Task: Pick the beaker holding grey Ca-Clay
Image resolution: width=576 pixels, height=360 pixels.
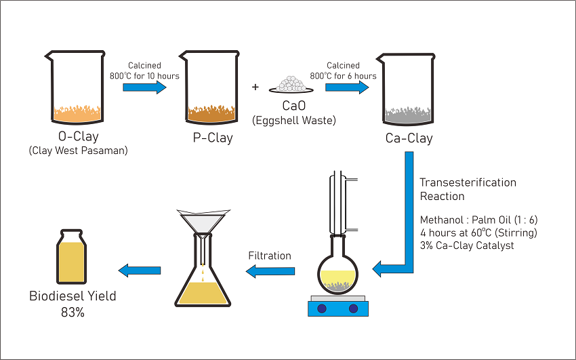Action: pos(409,88)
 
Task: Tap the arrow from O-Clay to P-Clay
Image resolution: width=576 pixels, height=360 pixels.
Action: pos(144,87)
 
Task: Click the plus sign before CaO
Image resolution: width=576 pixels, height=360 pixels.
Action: pos(255,87)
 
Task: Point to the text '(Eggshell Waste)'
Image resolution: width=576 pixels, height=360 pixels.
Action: pos(293,121)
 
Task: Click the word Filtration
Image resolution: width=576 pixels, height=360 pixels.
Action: pos(270,256)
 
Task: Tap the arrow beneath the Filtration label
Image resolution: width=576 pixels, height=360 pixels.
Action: pos(270,271)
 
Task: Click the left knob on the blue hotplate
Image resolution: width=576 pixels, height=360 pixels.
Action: pos(322,308)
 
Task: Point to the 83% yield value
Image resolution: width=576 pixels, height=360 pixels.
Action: pos(72,313)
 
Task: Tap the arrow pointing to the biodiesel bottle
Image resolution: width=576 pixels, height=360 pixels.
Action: pos(140,271)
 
